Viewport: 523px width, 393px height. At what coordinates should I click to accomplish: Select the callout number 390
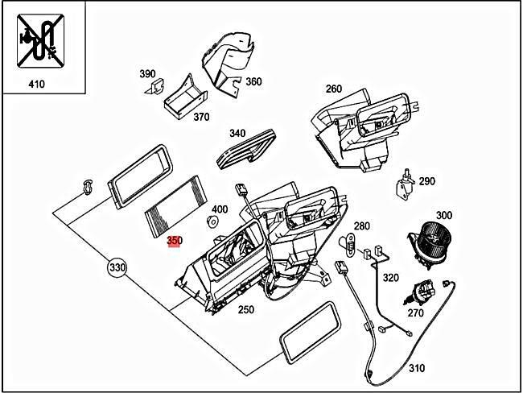point(147,74)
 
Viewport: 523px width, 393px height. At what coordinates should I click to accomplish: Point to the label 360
point(253,81)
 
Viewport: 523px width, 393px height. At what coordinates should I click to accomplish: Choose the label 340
point(237,133)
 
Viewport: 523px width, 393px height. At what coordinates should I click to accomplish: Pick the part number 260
point(334,89)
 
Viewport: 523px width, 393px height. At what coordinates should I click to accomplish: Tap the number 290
point(426,181)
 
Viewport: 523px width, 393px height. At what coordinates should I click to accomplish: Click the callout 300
point(444,215)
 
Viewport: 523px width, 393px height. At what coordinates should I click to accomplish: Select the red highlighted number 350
point(175,241)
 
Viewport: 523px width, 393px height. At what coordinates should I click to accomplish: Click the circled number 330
point(117,267)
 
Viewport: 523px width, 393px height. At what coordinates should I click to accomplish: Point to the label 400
point(219,209)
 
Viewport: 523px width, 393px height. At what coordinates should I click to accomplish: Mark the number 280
point(362,226)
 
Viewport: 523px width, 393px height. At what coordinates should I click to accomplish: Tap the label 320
point(391,278)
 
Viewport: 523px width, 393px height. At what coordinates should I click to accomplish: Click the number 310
point(417,369)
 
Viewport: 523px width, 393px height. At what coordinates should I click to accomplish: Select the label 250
point(246,309)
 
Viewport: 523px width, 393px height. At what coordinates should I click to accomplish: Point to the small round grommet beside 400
point(216,223)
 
